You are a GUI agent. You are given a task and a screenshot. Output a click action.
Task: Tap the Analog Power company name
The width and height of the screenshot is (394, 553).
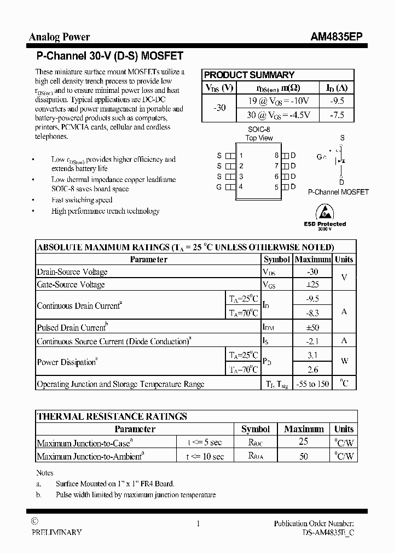click(x=59, y=37)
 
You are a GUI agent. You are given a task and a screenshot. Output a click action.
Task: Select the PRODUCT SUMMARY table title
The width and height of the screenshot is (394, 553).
click(x=249, y=75)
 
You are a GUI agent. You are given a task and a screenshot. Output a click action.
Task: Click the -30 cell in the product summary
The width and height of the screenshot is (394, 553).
click(x=219, y=108)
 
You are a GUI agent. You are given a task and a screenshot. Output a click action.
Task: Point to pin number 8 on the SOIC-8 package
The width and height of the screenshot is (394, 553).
click(x=277, y=155)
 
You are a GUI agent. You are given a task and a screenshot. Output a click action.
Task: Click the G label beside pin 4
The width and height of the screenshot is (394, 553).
click(x=219, y=187)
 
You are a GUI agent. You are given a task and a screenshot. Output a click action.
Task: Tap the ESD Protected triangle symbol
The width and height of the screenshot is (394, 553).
click(x=325, y=211)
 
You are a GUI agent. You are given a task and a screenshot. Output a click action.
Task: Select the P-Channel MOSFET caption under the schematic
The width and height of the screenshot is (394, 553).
click(x=338, y=192)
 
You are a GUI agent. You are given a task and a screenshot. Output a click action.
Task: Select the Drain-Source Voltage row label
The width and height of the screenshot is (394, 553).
click(x=72, y=272)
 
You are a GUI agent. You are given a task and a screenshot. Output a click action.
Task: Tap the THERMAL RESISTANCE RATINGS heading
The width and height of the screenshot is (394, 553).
click(x=112, y=416)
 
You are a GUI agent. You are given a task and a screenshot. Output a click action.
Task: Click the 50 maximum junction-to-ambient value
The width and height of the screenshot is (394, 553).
click(x=304, y=456)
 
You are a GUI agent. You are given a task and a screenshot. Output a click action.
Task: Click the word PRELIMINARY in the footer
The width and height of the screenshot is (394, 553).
click(x=56, y=532)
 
